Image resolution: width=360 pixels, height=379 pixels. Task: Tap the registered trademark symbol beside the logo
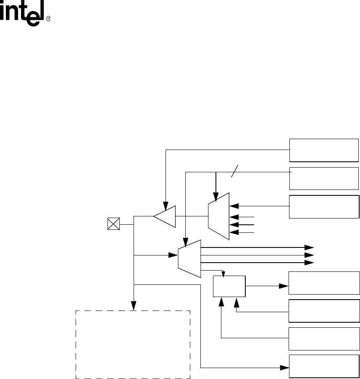pos(48,19)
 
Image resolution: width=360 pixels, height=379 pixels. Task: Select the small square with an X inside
pos(113,224)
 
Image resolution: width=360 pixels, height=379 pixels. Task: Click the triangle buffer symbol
pos(165,216)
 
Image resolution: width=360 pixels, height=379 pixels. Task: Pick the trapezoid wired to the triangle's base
pos(219,216)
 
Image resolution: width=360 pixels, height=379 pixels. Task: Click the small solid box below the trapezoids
pos(229,286)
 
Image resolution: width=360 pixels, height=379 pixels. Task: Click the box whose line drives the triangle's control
pos(324,150)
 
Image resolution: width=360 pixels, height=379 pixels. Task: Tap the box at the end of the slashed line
pos(324,178)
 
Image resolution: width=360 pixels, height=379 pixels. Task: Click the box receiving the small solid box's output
pos(324,283)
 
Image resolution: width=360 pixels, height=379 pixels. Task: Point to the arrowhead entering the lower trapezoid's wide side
pos(173,255)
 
